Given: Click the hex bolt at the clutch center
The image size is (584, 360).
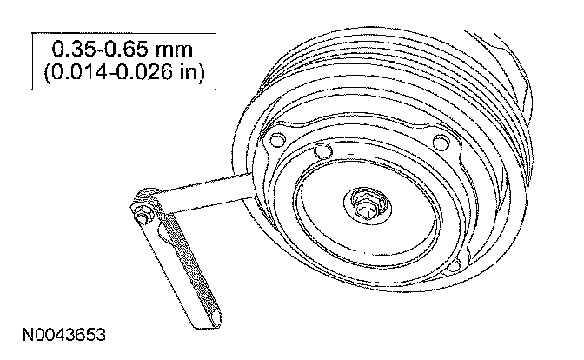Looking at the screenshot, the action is coord(365,208).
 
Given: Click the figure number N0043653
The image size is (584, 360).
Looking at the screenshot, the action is coord(63,335).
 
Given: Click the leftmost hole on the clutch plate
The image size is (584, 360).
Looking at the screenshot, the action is coord(276,141).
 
